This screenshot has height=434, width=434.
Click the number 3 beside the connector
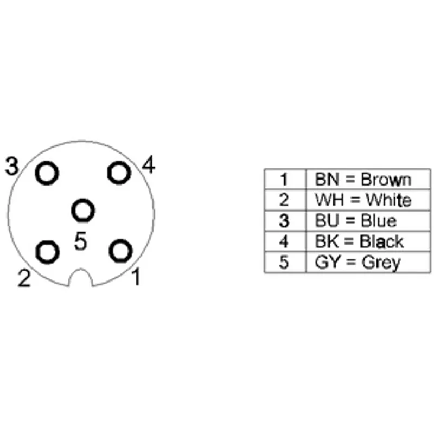12,166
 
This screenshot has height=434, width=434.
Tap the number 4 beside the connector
148,164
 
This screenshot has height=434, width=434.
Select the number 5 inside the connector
80,240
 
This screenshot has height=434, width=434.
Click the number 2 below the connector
24,278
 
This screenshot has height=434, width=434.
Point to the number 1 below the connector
136,277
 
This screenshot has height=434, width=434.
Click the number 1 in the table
284,180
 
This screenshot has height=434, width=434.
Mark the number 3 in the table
284,221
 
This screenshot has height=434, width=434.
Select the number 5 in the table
284,262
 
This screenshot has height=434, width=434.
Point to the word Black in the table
381,241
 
